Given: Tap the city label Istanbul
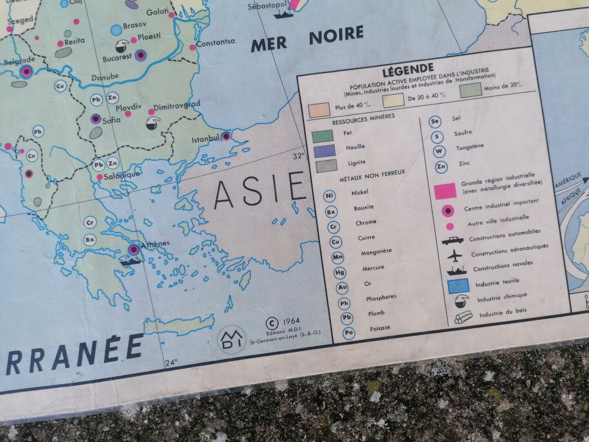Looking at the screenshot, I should pyautogui.click(x=205, y=139).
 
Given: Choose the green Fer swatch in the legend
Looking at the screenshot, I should pyautogui.click(x=322, y=136).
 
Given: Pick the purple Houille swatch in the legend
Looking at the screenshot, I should pyautogui.click(x=324, y=151).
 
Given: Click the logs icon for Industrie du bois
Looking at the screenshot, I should pyautogui.click(x=462, y=318).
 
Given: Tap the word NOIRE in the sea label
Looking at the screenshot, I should pyautogui.click(x=336, y=35).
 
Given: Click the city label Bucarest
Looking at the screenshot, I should pyautogui.click(x=117, y=57).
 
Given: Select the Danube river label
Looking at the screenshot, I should pyautogui.click(x=105, y=77).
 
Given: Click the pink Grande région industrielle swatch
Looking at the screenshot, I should pyautogui.click(x=445, y=191).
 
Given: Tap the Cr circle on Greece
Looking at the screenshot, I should pyautogui.click(x=90, y=223).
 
